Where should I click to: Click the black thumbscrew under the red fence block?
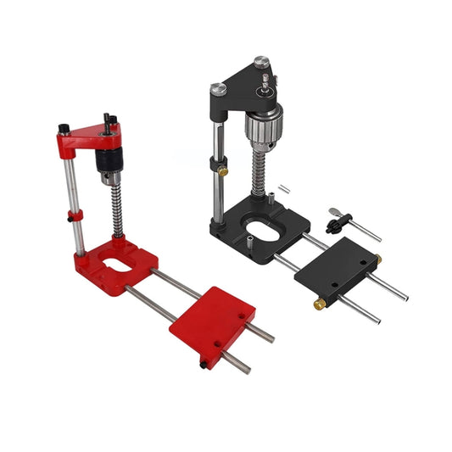[x=203, y=364]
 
